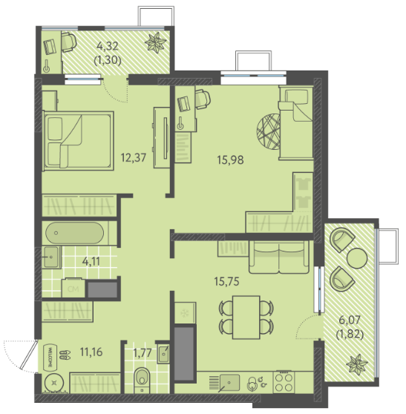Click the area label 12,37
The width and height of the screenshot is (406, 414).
(x=134, y=157)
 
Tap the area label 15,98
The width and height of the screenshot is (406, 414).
(x=230, y=160)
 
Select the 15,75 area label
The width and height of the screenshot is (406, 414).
(x=227, y=281)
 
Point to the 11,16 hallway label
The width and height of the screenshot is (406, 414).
(x=91, y=352)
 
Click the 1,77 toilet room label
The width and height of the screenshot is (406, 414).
(x=143, y=352)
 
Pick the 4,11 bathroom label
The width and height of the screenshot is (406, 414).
(x=91, y=261)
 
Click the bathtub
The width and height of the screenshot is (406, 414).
(x=75, y=233)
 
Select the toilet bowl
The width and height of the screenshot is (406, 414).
(x=143, y=379)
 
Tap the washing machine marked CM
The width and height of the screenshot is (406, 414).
(x=73, y=288)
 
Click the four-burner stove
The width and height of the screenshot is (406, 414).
(x=284, y=381)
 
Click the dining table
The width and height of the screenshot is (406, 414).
(x=246, y=318)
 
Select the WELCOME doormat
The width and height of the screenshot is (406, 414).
(x=50, y=357)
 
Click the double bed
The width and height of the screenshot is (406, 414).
(x=78, y=141)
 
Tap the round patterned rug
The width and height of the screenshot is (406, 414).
(x=269, y=131)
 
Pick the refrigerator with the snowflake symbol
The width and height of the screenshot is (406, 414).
(x=185, y=313)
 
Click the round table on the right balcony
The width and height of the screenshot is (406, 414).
(x=357, y=258)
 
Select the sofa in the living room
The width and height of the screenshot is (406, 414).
(x=279, y=257)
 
